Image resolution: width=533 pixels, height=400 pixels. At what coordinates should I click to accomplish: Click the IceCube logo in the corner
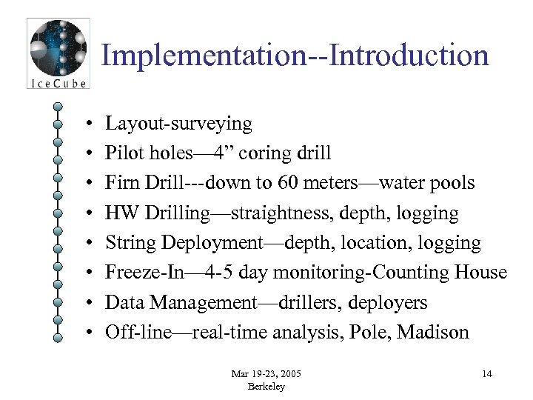[58, 53]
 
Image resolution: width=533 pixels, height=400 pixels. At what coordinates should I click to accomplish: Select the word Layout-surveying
[178, 124]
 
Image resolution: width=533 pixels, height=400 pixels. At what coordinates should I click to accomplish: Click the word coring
[263, 153]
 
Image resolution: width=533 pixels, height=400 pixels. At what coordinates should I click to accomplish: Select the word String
[130, 243]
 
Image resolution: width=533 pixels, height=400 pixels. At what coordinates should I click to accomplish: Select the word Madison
[433, 333]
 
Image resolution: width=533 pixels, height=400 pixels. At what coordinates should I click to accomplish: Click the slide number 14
[486, 373]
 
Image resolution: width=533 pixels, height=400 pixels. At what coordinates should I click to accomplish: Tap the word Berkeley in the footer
[266, 386]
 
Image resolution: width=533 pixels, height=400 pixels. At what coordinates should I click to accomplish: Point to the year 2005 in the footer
[289, 373]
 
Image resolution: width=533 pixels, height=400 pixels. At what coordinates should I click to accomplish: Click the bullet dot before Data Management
[87, 303]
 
